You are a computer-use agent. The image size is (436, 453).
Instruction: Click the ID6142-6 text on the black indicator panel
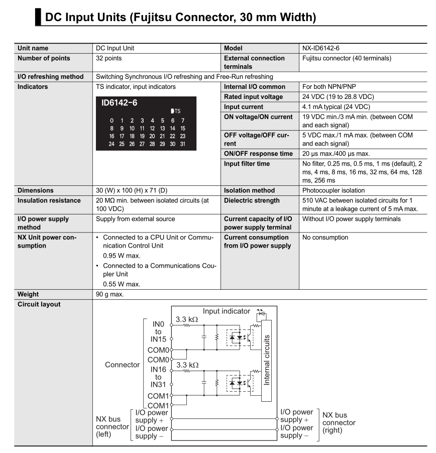coord(120,103)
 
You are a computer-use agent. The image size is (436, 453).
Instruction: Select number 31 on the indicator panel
coord(182,144)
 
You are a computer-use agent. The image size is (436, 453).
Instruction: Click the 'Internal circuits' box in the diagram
coord(266,359)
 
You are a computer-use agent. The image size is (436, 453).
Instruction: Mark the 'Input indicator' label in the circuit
coord(226,311)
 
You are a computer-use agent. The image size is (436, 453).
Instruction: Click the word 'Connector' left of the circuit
coord(122,365)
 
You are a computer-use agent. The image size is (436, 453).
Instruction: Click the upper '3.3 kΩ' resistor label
coord(186,319)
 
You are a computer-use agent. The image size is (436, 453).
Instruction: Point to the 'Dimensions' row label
coord(37,190)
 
